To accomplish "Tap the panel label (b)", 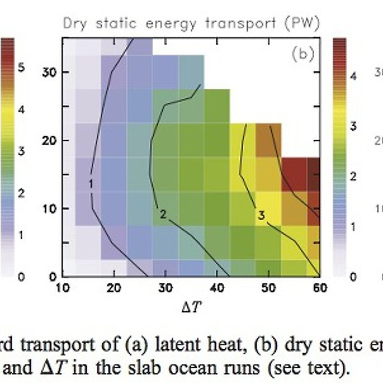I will [x=304, y=54].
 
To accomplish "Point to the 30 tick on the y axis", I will [x=50, y=72].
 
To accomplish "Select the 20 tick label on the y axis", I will [x=50, y=140].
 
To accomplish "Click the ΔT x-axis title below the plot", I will [x=190, y=308].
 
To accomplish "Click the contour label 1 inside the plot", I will [x=91, y=184].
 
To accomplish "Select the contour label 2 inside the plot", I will [x=163, y=214].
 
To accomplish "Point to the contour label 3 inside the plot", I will [x=261, y=215].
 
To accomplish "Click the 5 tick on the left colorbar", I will [x=22, y=66].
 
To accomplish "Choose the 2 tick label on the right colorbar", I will [x=354, y=176].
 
